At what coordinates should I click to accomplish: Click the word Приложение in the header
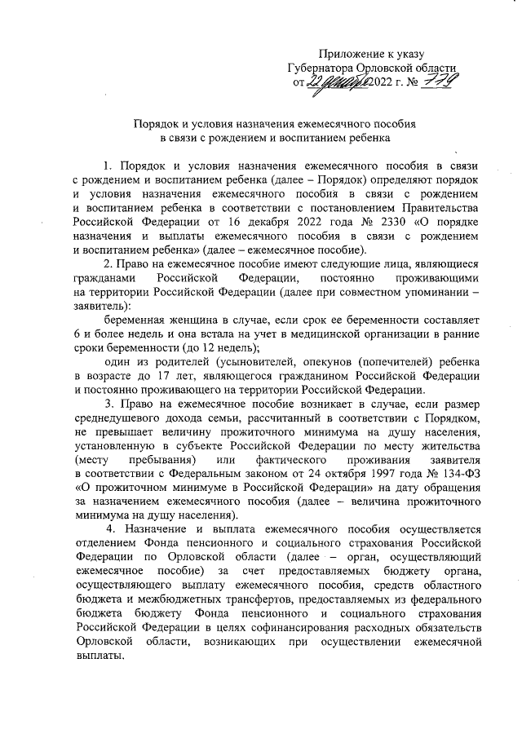pyautogui.click(x=347, y=53)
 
